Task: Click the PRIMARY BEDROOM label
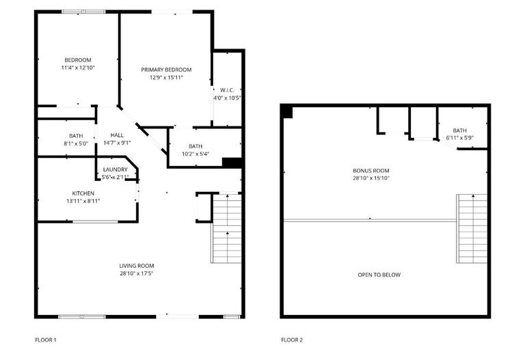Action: click(x=166, y=70)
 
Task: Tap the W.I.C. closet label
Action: click(x=227, y=90)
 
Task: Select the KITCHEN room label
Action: click(x=83, y=193)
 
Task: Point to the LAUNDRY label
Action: click(x=115, y=169)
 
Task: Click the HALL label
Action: click(x=117, y=135)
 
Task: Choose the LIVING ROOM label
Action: click(x=137, y=266)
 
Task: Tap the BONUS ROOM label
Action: click(x=371, y=170)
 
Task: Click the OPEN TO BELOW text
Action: click(x=379, y=275)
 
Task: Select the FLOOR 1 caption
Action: click(x=46, y=340)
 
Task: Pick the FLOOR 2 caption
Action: click(x=292, y=340)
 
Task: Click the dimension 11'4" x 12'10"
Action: click(x=77, y=68)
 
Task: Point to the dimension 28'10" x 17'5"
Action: click(x=137, y=273)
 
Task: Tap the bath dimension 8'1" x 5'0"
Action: click(x=76, y=143)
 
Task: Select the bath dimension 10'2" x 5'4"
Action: click(x=196, y=154)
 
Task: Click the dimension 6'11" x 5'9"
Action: click(x=459, y=138)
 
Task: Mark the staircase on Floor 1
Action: click(x=227, y=229)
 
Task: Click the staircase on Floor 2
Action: click(x=472, y=229)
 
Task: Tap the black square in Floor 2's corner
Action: click(x=287, y=112)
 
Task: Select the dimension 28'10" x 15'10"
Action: click(x=371, y=178)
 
